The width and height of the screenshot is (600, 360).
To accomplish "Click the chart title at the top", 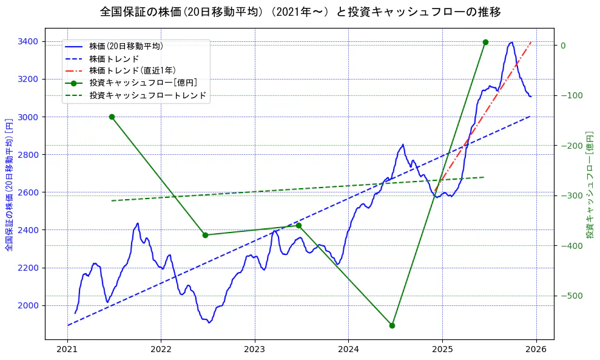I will click(300, 12).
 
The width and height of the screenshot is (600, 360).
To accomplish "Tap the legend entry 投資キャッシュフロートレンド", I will click(147, 95).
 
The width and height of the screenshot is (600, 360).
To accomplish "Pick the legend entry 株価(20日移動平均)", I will click(126, 46).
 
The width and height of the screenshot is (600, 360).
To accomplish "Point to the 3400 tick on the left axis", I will click(28, 41).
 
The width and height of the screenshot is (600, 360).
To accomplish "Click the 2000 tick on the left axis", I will click(28, 305).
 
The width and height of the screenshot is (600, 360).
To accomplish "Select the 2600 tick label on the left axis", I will click(28, 192).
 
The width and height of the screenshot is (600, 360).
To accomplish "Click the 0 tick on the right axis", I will click(562, 46).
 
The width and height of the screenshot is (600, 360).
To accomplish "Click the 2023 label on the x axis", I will click(254, 350).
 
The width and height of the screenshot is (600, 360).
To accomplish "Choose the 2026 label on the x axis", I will click(536, 350).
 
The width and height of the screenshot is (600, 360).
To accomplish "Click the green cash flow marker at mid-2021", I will click(112, 117).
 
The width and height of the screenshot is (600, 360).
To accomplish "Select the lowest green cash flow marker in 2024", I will click(392, 325).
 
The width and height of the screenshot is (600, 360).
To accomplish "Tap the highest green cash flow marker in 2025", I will click(485, 42).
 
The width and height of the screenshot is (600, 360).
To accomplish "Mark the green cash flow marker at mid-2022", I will click(205, 235).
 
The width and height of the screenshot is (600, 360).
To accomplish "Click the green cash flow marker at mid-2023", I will click(298, 226).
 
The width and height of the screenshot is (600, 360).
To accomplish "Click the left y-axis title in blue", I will click(9, 184).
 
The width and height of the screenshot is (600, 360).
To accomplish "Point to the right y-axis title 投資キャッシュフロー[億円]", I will click(590, 184).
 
